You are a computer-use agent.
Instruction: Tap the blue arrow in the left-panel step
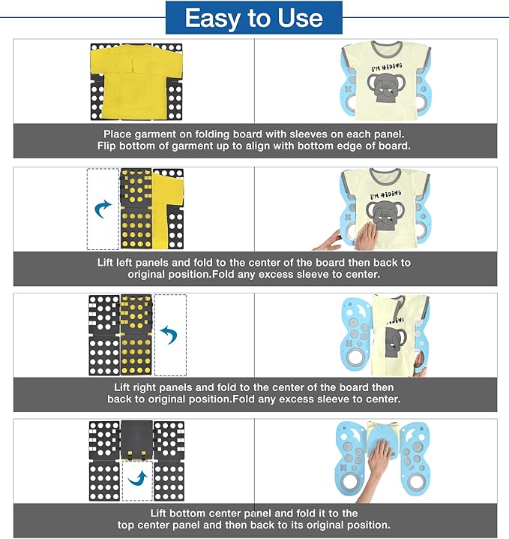tap(103, 209)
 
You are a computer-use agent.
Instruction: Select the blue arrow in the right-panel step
tap(169, 335)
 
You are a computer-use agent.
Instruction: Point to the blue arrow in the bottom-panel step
tap(138, 478)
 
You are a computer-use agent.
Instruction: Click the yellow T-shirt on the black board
tap(136, 83)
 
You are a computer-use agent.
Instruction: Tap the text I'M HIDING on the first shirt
tap(387, 67)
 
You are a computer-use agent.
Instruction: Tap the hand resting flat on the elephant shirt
tap(367, 236)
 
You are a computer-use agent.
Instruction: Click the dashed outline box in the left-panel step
tap(103, 209)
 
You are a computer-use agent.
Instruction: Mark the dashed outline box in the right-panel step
tap(170, 335)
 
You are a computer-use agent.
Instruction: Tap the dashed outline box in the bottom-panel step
tap(137, 480)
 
